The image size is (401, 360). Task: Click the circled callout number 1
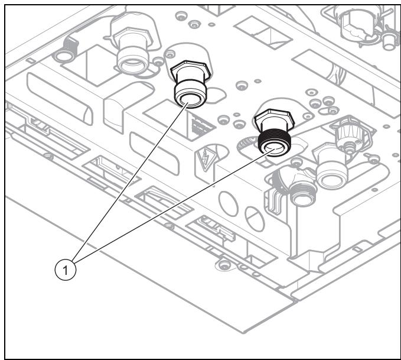click(x=66, y=270)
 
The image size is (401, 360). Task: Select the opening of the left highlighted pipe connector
click(x=190, y=99)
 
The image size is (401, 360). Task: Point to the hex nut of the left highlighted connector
click(x=191, y=70)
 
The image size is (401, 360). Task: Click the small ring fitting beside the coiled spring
click(x=61, y=56)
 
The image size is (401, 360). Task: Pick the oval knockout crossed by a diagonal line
click(x=255, y=219)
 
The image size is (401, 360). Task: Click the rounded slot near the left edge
click(x=60, y=99)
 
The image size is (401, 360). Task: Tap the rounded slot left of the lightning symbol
click(x=154, y=153)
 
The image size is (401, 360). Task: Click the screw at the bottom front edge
click(x=224, y=263)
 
